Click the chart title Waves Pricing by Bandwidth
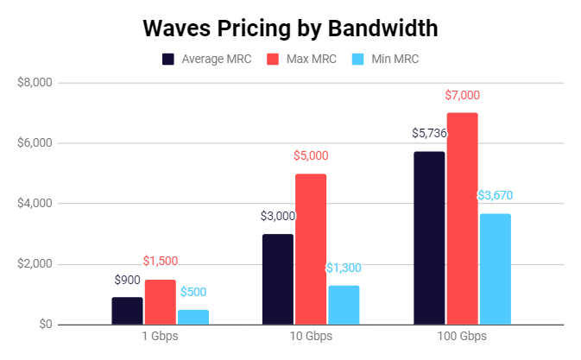point(290,28)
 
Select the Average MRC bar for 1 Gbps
point(128,311)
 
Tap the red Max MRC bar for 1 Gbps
point(161,302)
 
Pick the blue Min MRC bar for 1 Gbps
point(193,317)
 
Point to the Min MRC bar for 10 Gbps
point(344,305)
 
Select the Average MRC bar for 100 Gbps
point(429,237)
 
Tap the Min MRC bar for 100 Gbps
point(495,268)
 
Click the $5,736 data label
point(429,134)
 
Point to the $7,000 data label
point(462,95)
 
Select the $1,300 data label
point(344,268)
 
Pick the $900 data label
point(128,280)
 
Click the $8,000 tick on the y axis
point(35,83)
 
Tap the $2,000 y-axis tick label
point(35,264)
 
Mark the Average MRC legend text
point(216,60)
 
